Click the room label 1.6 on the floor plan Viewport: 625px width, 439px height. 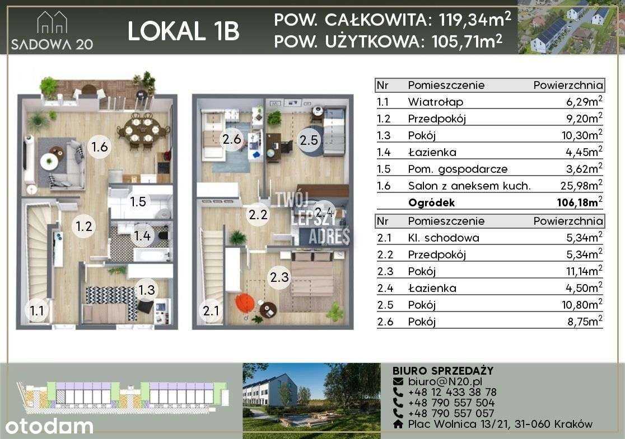99,148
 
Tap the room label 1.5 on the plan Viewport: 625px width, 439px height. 138,201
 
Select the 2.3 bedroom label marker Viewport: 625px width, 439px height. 279,277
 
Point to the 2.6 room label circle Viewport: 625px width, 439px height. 231,140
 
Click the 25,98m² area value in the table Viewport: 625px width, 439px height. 583,186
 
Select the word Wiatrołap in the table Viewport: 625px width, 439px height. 436,102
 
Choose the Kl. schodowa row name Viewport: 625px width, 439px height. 444,238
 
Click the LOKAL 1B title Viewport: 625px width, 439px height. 183,31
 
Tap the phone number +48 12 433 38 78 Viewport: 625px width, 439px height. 452,392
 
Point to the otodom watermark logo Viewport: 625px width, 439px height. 49,426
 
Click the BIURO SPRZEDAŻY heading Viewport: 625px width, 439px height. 443,371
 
